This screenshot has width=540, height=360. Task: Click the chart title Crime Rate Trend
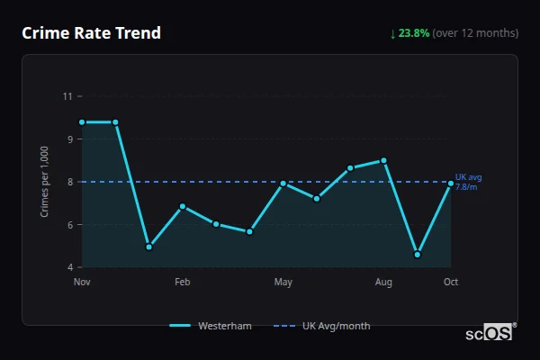[92, 33]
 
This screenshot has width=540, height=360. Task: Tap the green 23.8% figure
[414, 33]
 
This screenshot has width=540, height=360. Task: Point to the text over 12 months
[475, 33]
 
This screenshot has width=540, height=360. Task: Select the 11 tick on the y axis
[68, 95]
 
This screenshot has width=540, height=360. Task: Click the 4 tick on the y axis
[70, 267]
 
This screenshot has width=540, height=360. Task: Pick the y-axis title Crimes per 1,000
[45, 181]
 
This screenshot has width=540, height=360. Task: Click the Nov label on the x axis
[82, 282]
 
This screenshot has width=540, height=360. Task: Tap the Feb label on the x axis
[182, 282]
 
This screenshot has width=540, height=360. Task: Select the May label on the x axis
[283, 282]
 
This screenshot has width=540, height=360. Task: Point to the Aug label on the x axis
[383, 282]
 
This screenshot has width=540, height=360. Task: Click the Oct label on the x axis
[451, 282]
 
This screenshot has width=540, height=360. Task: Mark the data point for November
[82, 122]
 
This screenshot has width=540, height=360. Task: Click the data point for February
[183, 206]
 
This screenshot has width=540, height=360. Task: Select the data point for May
[283, 183]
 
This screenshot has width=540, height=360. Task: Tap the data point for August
[384, 160]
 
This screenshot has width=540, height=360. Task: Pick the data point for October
[451, 183]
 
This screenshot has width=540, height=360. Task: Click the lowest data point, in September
[418, 255]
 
